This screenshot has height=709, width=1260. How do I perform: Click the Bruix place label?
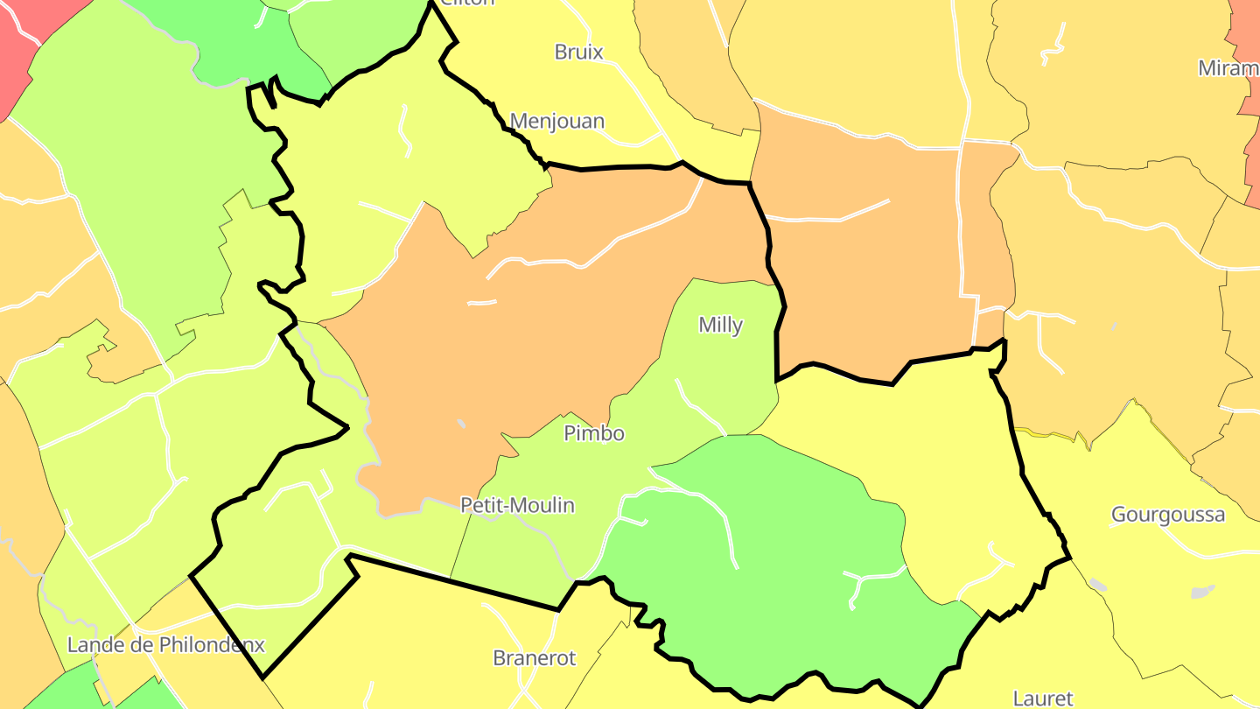578,52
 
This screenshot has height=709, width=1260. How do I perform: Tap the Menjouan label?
557,121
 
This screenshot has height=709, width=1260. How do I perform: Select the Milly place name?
720,326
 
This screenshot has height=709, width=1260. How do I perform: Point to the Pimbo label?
594,433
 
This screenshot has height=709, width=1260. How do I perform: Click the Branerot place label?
535,658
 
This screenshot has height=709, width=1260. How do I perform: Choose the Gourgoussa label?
1167,515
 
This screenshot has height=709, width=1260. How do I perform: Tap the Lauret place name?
1042,698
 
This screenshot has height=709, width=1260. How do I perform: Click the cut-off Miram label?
1228,68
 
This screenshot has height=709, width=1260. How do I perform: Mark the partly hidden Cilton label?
467,3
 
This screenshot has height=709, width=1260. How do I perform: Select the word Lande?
94,646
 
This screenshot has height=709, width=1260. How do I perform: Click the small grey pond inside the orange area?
461,425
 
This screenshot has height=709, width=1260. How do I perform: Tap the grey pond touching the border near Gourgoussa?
1097,584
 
